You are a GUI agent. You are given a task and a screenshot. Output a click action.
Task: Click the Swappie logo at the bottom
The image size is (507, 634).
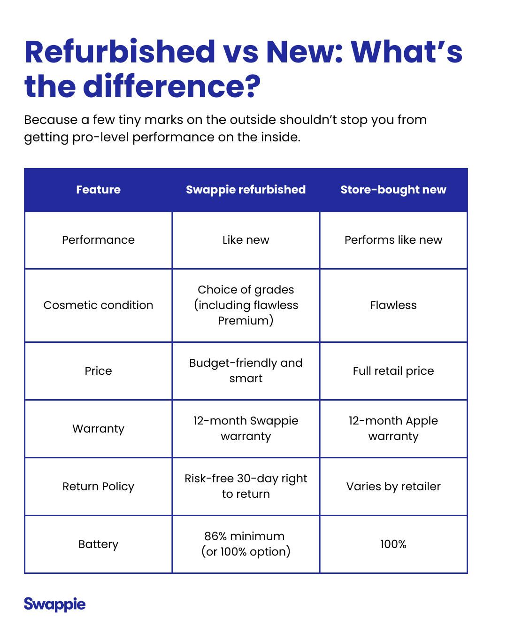coord(54,604)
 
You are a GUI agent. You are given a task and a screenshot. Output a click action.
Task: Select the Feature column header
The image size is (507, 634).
coord(98,190)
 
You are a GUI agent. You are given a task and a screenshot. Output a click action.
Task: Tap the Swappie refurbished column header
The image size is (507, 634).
coord(246,190)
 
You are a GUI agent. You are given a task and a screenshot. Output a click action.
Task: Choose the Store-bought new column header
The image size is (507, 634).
coord(393,190)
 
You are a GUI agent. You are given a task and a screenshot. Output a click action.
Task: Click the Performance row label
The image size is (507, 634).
coord(98,240)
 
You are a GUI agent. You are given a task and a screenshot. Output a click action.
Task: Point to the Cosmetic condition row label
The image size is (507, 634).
coord(98,305)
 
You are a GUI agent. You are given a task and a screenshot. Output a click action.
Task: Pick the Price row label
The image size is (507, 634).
coord(98,371)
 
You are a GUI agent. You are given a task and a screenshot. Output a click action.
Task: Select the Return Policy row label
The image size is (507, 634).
coord(98,487)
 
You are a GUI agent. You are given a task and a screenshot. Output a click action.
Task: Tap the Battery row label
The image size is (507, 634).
coord(98,544)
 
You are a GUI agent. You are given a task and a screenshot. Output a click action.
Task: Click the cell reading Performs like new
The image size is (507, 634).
coord(393,240)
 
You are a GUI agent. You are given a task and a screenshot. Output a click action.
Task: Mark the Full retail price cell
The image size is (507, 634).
coord(393,371)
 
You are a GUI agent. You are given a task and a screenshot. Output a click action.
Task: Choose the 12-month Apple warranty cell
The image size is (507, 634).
coord(393,428)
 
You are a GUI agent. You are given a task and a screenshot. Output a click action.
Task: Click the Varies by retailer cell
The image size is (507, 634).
coord(393,487)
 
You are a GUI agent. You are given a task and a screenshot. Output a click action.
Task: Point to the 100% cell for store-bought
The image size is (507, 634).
coord(393,544)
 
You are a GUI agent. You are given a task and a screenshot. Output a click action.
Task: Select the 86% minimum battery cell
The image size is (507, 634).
coord(246,544)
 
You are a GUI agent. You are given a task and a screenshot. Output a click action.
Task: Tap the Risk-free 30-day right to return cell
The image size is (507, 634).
coord(246,486)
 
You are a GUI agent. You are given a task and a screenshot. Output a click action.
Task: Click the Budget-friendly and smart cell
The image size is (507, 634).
coord(246,371)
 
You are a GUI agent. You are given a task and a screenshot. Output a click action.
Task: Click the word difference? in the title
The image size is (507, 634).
coord(172,87)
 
